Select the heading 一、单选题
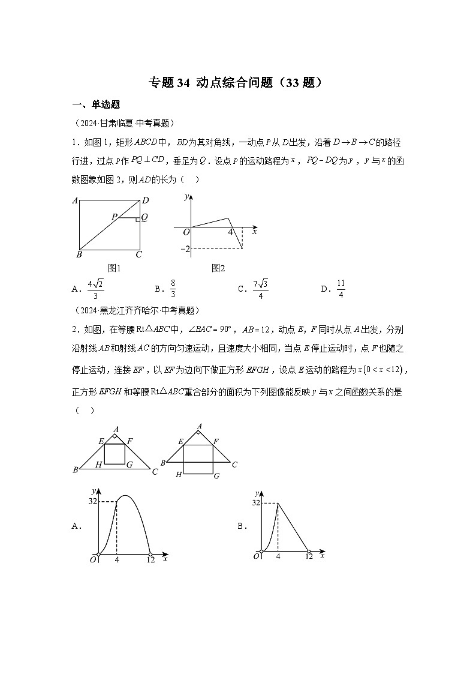tap(96, 105)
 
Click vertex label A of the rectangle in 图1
tap(75, 201)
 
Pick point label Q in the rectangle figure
tap(144, 217)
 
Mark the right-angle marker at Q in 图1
tap(138, 220)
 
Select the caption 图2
tap(218, 268)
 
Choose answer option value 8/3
tap(173, 289)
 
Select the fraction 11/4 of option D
tap(341, 289)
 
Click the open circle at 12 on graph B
tap(308, 551)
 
